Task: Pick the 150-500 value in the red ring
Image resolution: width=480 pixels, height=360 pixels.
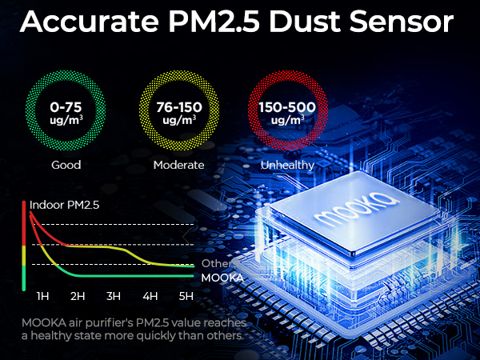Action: pyautogui.click(x=286, y=106)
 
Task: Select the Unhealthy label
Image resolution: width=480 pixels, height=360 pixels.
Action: pyautogui.click(x=286, y=165)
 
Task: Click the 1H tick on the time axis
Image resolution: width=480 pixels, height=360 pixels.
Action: pyautogui.click(x=43, y=297)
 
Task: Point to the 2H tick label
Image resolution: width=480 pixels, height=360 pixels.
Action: pyautogui.click(x=78, y=297)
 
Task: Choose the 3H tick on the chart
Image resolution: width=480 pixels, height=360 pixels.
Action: pyautogui.click(x=114, y=297)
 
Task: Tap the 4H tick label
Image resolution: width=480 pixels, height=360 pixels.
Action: pyautogui.click(x=150, y=297)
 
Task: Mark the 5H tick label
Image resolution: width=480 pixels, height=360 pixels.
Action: pyautogui.click(x=186, y=297)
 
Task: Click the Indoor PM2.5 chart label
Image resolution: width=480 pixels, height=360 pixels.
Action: pyautogui.click(x=65, y=206)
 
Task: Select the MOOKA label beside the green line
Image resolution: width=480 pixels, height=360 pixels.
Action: pyautogui.click(x=222, y=278)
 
